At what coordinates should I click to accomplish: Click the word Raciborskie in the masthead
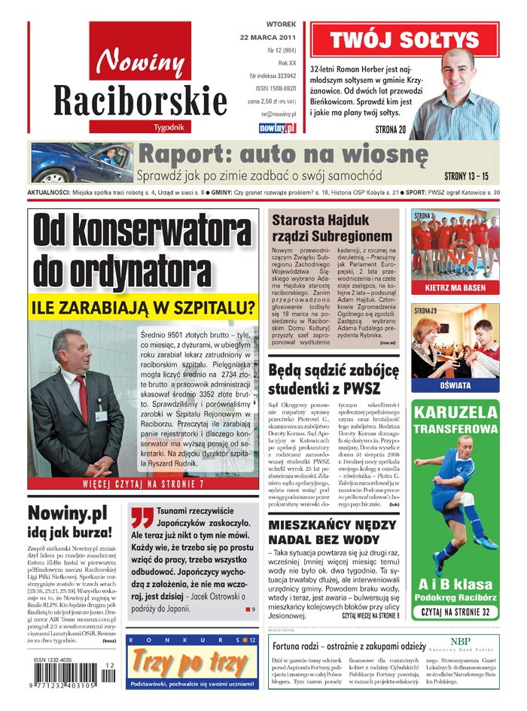click(140, 101)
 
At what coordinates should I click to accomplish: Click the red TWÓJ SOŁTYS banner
click(404, 40)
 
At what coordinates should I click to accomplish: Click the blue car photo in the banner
click(83, 163)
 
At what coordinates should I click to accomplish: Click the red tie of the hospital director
click(82, 398)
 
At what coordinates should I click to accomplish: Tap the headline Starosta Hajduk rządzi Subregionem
click(331, 228)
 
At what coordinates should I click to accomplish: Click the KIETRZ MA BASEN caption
click(455, 287)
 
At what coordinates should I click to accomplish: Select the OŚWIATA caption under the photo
click(455, 385)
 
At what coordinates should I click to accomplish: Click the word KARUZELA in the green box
click(455, 412)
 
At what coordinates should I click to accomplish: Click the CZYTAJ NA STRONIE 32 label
click(455, 612)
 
